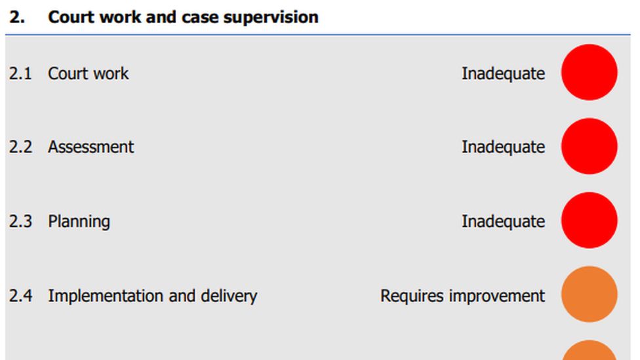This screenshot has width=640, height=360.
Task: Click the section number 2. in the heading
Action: tap(17, 17)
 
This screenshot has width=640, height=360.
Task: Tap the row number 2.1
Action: tap(20, 73)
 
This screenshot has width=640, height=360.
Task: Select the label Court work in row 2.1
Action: tap(88, 73)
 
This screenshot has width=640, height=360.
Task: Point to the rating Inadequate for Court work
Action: tap(503, 73)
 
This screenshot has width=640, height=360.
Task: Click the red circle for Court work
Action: tap(589, 73)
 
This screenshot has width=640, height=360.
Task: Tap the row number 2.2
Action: tap(20, 147)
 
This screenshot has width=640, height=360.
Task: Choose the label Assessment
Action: tap(90, 147)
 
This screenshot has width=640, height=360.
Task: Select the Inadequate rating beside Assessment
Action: tap(503, 147)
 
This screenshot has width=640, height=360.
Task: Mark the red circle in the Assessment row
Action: tap(589, 146)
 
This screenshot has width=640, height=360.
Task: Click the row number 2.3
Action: tap(20, 222)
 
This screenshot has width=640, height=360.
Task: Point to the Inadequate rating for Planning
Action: tap(503, 222)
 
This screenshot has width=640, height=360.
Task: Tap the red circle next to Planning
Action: tap(589, 220)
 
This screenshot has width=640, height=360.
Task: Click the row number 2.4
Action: tap(20, 296)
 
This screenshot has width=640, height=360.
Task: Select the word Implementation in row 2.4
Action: tap(106, 296)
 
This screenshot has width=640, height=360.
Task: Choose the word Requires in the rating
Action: tap(412, 296)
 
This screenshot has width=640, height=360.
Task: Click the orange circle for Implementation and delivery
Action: tap(589, 294)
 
